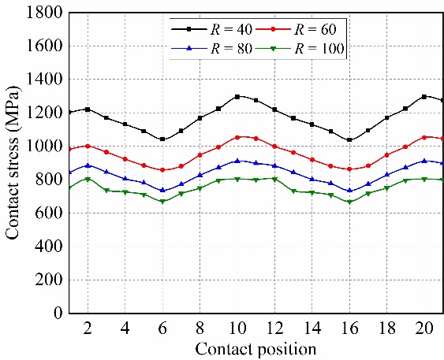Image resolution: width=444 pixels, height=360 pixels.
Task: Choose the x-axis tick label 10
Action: click(237, 326)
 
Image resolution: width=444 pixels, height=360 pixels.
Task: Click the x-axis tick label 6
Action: click(162, 326)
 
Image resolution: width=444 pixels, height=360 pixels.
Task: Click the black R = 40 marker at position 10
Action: click(237, 97)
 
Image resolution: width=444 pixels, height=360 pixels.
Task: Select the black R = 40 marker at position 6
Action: click(162, 139)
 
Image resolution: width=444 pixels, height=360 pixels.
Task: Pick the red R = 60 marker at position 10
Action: click(237, 137)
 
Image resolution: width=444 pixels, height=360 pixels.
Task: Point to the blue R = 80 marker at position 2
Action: click(88, 165)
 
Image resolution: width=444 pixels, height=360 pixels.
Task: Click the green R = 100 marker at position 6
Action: click(162, 202)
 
